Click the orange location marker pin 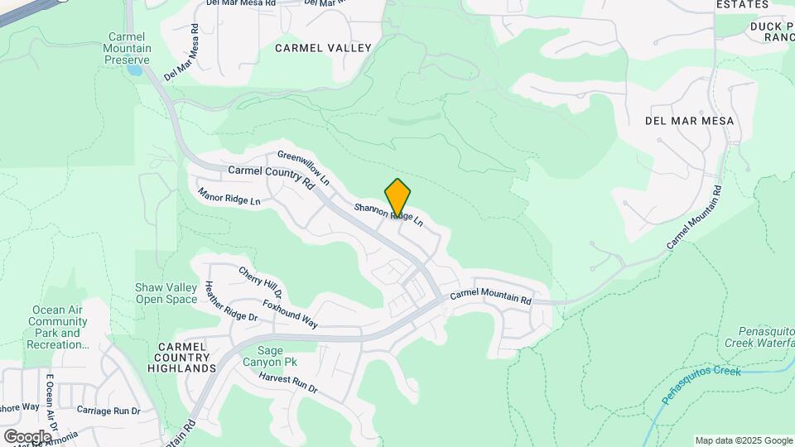click(x=397, y=197)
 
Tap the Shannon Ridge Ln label click(x=390, y=214)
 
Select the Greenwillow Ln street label click(x=303, y=167)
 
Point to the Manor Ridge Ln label click(x=229, y=196)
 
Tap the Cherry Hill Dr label click(x=261, y=282)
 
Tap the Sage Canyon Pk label click(x=270, y=356)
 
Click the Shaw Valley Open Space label click(x=166, y=293)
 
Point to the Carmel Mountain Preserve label click(x=128, y=48)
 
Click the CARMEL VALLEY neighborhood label click(x=323, y=48)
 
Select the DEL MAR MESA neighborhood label click(x=689, y=121)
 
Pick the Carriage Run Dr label click(x=108, y=410)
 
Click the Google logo click(x=27, y=436)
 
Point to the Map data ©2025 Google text click(x=744, y=440)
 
